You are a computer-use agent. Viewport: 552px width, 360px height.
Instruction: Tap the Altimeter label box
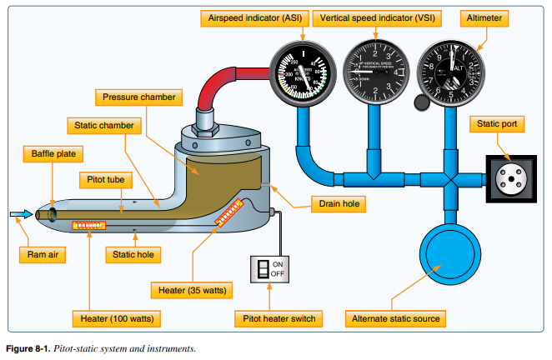click(486, 16)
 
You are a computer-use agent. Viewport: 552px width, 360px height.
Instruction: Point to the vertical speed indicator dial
click(374, 72)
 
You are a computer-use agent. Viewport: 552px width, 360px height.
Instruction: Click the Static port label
click(499, 124)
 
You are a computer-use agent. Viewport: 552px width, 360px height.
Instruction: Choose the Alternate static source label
click(394, 317)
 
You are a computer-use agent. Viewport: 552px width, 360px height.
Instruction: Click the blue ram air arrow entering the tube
click(18, 214)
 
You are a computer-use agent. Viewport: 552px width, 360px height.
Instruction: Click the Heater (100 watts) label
click(116, 317)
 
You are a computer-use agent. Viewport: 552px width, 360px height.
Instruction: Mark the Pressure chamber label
click(138, 97)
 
